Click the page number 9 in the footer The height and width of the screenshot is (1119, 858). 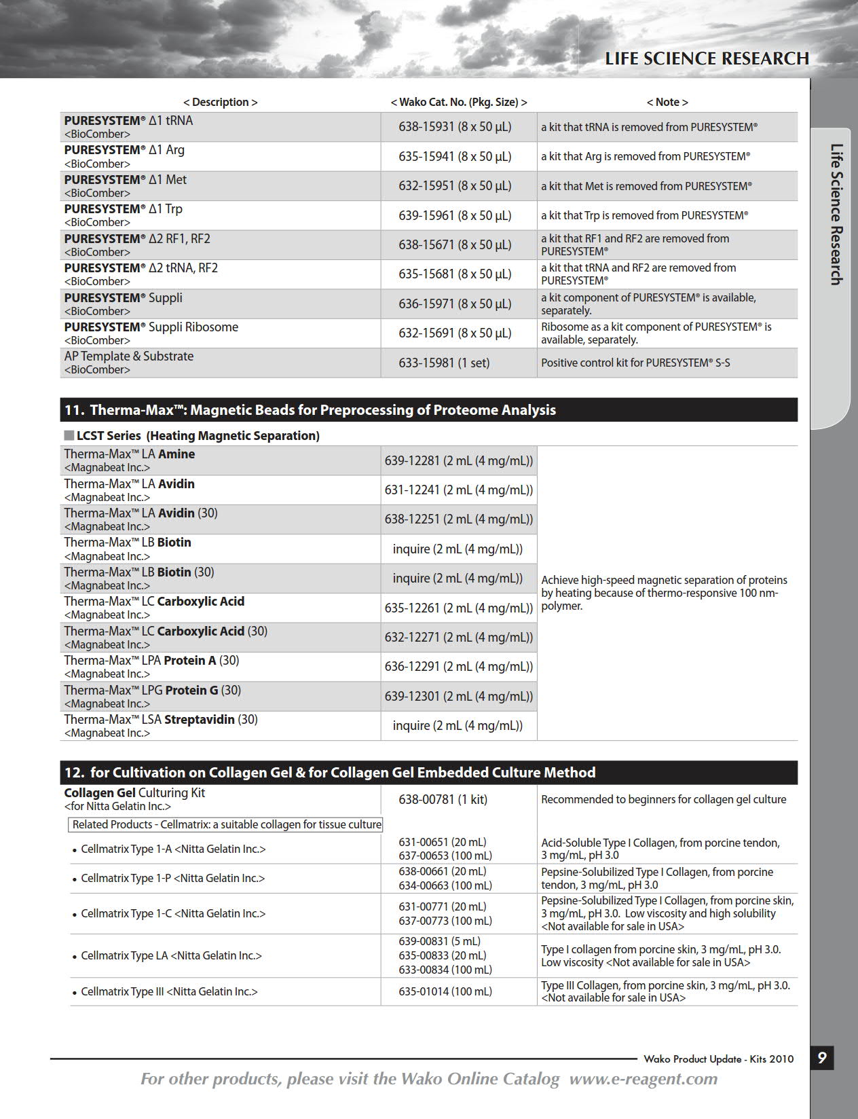tap(821, 1058)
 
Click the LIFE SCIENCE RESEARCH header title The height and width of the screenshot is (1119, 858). tap(707, 59)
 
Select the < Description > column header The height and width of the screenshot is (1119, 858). tap(221, 102)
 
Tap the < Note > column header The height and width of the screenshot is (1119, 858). tap(667, 102)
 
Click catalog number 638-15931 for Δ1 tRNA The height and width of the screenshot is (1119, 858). tap(455, 127)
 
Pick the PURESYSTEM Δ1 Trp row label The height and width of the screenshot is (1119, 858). tap(124, 209)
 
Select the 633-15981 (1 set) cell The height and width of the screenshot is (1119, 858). tap(444, 363)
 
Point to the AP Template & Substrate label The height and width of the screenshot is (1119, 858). tap(129, 356)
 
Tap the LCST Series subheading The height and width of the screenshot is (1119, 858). tap(197, 436)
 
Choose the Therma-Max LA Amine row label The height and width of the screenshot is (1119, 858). tap(130, 454)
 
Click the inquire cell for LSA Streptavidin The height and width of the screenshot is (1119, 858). tap(458, 726)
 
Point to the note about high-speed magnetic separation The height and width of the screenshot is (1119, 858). tap(664, 593)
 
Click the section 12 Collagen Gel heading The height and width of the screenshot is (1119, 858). tap(330, 773)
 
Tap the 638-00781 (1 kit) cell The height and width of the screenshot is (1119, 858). tap(443, 799)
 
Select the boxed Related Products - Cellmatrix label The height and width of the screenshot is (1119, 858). tap(227, 824)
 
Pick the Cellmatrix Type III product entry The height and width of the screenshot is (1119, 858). tap(168, 991)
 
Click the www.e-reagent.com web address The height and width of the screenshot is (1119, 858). tap(643, 1079)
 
